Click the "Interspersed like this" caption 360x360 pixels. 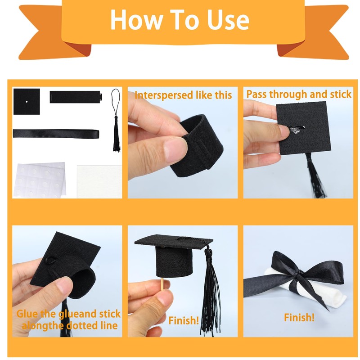pos(183,95)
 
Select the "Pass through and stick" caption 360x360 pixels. pos(299,94)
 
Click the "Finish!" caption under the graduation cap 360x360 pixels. pos(184,320)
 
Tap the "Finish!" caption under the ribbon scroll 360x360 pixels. pos(299,318)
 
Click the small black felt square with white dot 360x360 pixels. pos(27,102)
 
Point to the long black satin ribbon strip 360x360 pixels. pos(56,133)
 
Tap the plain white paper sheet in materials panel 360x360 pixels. pos(99,181)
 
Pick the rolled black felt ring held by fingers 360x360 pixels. pos(198,144)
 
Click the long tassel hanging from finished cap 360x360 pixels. pos(209,292)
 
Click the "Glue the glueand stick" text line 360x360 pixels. pos(68,314)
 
